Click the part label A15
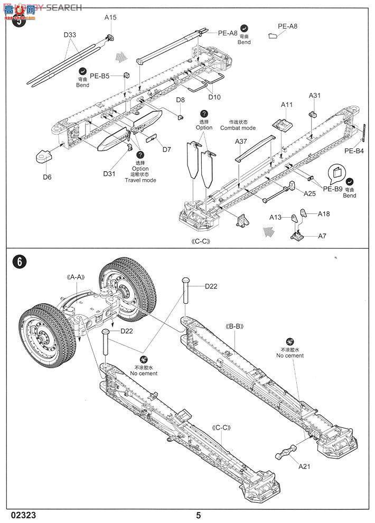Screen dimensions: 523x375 (x=110, y=17)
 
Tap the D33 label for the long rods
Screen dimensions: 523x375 (x=70, y=35)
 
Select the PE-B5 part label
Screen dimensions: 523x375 (x=99, y=76)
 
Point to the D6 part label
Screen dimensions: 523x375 (x=47, y=177)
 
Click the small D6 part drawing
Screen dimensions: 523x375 (x=43, y=156)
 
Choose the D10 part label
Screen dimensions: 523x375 (x=214, y=97)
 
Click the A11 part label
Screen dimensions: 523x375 (x=287, y=105)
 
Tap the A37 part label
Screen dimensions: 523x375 (x=241, y=141)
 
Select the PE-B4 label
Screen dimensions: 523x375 (x=355, y=151)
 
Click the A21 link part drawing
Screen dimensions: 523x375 (x=286, y=453)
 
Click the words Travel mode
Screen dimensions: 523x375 (x=140, y=180)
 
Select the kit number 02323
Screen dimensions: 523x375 (x=23, y=515)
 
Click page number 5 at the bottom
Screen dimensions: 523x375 (x=198, y=515)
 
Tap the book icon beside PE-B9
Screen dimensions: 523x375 (x=335, y=172)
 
